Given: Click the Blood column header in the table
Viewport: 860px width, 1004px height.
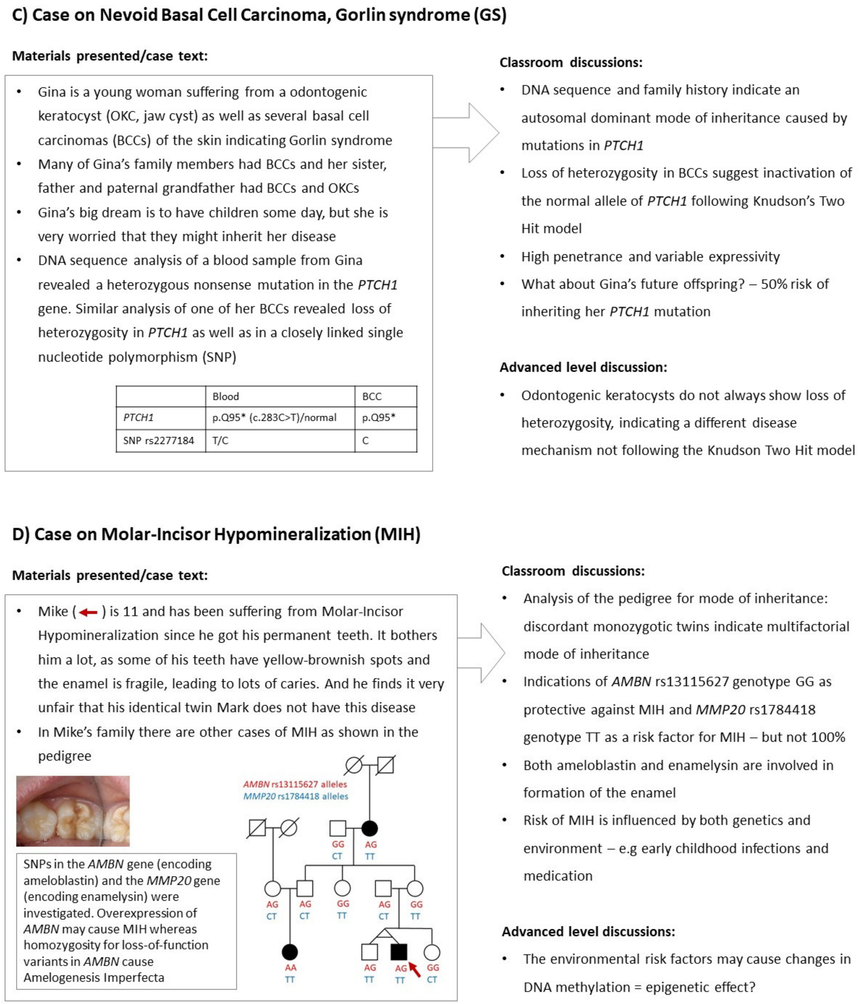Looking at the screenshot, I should (225, 396).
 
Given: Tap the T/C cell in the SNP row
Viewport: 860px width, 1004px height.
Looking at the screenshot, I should (221, 441).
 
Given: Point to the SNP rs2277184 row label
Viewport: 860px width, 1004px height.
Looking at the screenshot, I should (159, 441).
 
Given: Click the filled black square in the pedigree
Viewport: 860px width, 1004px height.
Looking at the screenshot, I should (399, 952).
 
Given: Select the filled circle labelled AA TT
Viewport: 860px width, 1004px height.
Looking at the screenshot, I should (290, 952).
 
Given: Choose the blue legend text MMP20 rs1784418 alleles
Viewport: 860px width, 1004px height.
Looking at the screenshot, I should (295, 796).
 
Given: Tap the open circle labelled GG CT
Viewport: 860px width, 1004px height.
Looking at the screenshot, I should (432, 952).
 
